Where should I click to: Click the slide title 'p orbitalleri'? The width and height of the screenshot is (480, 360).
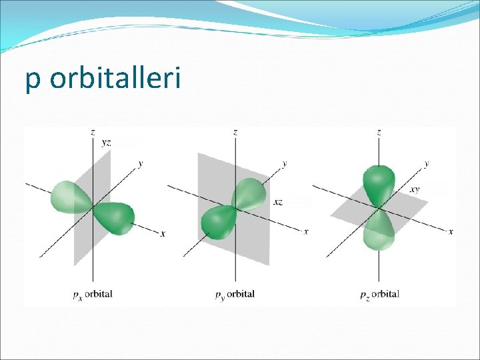(103, 79)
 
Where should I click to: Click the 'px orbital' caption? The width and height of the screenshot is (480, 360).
(93, 294)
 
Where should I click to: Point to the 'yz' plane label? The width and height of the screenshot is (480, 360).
(106, 143)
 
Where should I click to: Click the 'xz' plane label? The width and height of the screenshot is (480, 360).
(278, 201)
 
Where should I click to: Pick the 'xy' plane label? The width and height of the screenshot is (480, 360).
(415, 189)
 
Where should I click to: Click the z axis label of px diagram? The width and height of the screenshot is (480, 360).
(92, 132)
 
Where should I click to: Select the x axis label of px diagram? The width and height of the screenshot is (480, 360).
(163, 233)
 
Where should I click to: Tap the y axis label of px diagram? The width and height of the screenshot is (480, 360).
(140, 163)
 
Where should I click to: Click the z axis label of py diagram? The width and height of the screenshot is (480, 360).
(235, 132)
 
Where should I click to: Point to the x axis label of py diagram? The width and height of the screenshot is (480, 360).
(306, 231)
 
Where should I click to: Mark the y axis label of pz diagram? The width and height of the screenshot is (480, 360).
(426, 163)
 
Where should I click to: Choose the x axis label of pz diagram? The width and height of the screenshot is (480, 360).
(451, 231)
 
